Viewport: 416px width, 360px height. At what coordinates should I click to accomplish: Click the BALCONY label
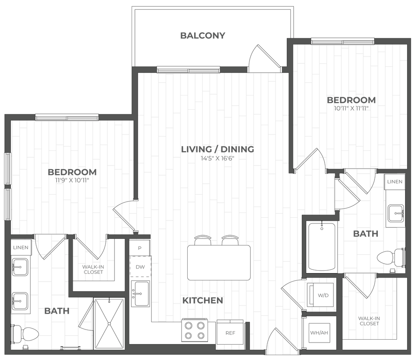(203, 35)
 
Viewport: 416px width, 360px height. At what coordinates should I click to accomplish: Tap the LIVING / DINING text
(218, 149)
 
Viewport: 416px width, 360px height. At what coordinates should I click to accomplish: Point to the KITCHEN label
(203, 300)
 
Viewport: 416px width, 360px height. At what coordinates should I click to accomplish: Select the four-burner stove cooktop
(195, 330)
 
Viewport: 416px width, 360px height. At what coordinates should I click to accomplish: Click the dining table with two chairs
(219, 262)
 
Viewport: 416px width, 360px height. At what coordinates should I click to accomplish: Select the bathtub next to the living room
(322, 247)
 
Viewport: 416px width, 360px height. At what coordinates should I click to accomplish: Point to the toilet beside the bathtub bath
(390, 257)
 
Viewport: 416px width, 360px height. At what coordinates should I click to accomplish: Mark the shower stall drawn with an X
(108, 323)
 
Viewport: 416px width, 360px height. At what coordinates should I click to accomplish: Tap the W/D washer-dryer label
(323, 295)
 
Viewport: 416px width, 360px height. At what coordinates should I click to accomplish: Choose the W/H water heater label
(319, 333)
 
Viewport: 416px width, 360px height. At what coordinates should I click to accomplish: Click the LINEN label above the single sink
(394, 181)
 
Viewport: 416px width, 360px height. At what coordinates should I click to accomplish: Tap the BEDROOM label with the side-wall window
(72, 172)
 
